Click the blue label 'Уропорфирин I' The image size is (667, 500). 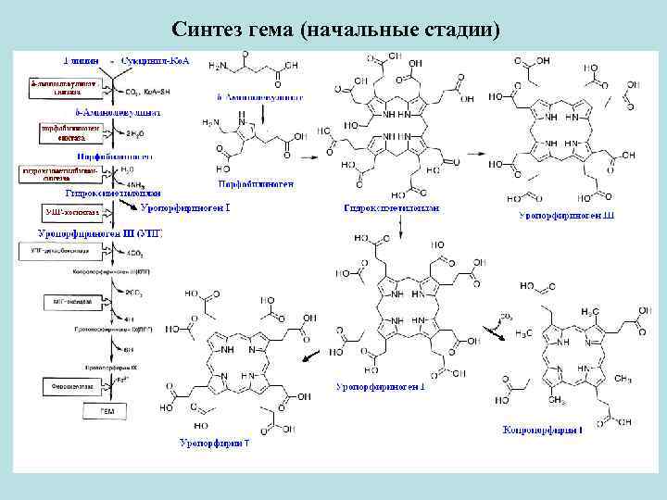214,444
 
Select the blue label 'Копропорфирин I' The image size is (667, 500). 542,430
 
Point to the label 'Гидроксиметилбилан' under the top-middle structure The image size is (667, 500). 390,209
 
